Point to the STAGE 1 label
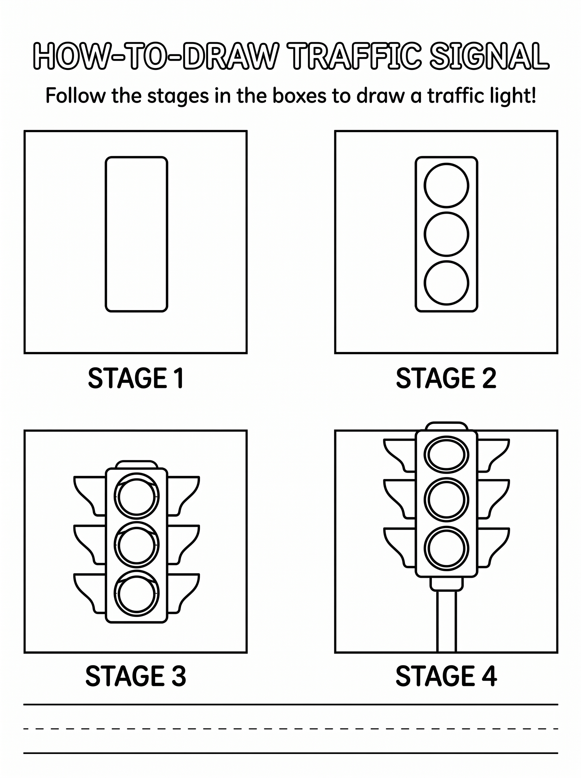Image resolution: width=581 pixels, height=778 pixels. [x=136, y=378]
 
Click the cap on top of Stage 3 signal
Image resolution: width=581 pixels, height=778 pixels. [x=136, y=464]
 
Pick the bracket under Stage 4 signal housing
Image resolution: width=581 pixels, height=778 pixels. [x=447, y=584]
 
